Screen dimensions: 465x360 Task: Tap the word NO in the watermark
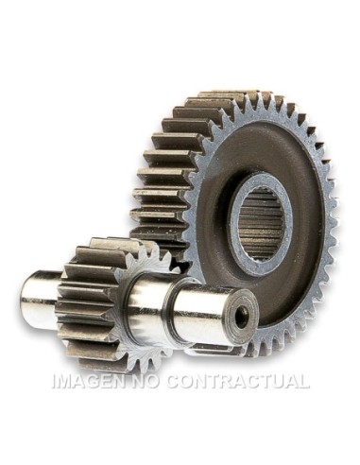[x=146, y=383]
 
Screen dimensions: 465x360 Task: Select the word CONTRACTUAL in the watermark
[x=237, y=383]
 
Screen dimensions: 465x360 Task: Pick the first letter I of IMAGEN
[x=55, y=383]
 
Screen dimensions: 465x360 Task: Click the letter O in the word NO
[x=153, y=383]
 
